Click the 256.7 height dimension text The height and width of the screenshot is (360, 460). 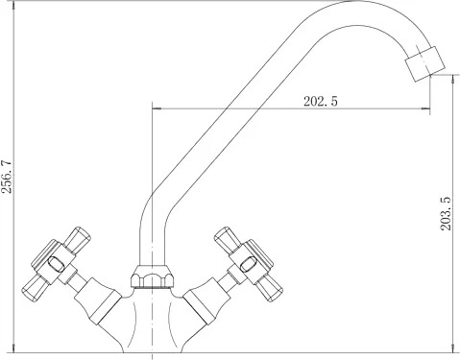7,177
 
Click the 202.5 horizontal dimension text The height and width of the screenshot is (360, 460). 321,102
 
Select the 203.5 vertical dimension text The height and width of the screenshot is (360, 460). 446,213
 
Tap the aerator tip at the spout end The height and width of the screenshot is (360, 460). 425,63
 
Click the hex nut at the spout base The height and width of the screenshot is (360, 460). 153,277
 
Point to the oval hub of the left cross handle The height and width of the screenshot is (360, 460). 56,264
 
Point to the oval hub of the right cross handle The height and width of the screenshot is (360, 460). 248,264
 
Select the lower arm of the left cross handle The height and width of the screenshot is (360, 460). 36,287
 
